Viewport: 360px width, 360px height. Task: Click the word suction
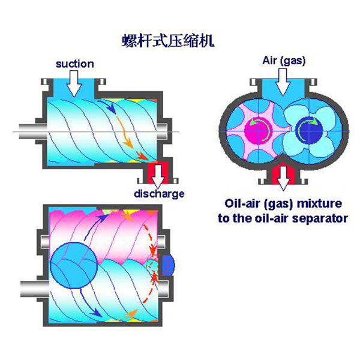(74, 63)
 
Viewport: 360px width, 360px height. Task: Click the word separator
(322, 218)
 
